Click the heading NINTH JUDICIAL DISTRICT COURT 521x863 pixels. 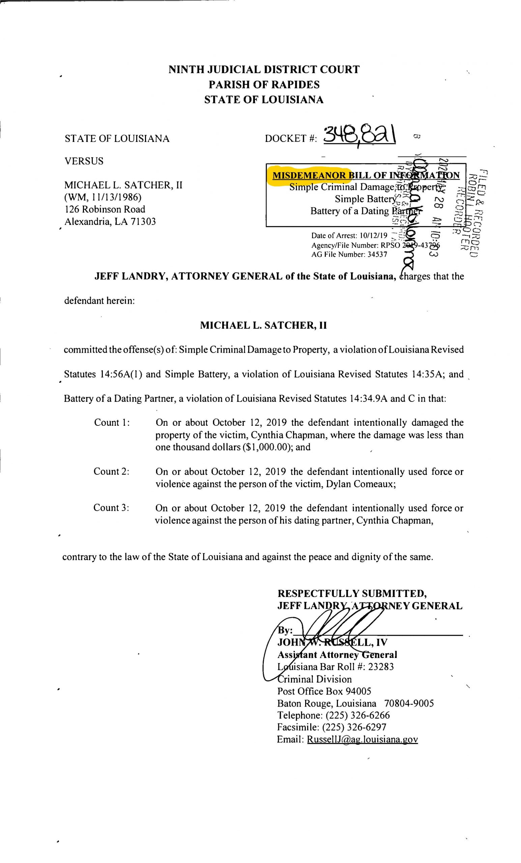pyautogui.click(x=264, y=69)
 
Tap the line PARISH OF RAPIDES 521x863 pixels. pyautogui.click(x=264, y=84)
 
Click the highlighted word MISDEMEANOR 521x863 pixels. pyautogui.click(x=309, y=175)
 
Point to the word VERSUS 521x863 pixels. pyautogui.click(x=84, y=161)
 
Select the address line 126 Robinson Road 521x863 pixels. pyautogui.click(x=105, y=209)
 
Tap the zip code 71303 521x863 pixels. pyautogui.click(x=143, y=221)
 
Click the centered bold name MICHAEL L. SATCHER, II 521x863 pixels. pyautogui.click(x=263, y=325)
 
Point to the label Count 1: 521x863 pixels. pyautogui.click(x=112, y=422)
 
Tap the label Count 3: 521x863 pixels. pyautogui.click(x=111, y=508)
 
